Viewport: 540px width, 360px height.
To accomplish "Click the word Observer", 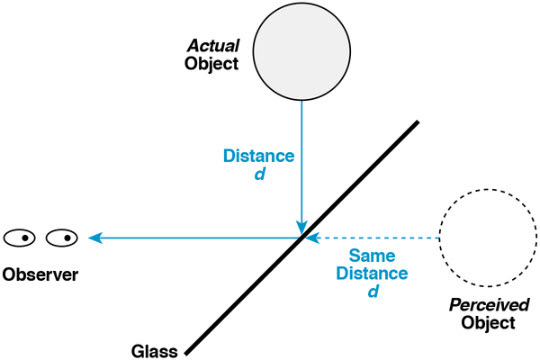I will click(40, 272).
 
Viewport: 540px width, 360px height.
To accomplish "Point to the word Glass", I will click(154, 350).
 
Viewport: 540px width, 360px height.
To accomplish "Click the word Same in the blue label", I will click(371, 257).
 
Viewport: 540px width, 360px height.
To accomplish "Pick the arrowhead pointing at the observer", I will click(95, 238).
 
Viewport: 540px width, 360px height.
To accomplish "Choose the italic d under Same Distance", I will click(372, 291).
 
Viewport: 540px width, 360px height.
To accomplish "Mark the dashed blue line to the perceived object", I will click(380, 238).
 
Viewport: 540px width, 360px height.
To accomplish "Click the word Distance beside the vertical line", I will click(258, 156).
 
